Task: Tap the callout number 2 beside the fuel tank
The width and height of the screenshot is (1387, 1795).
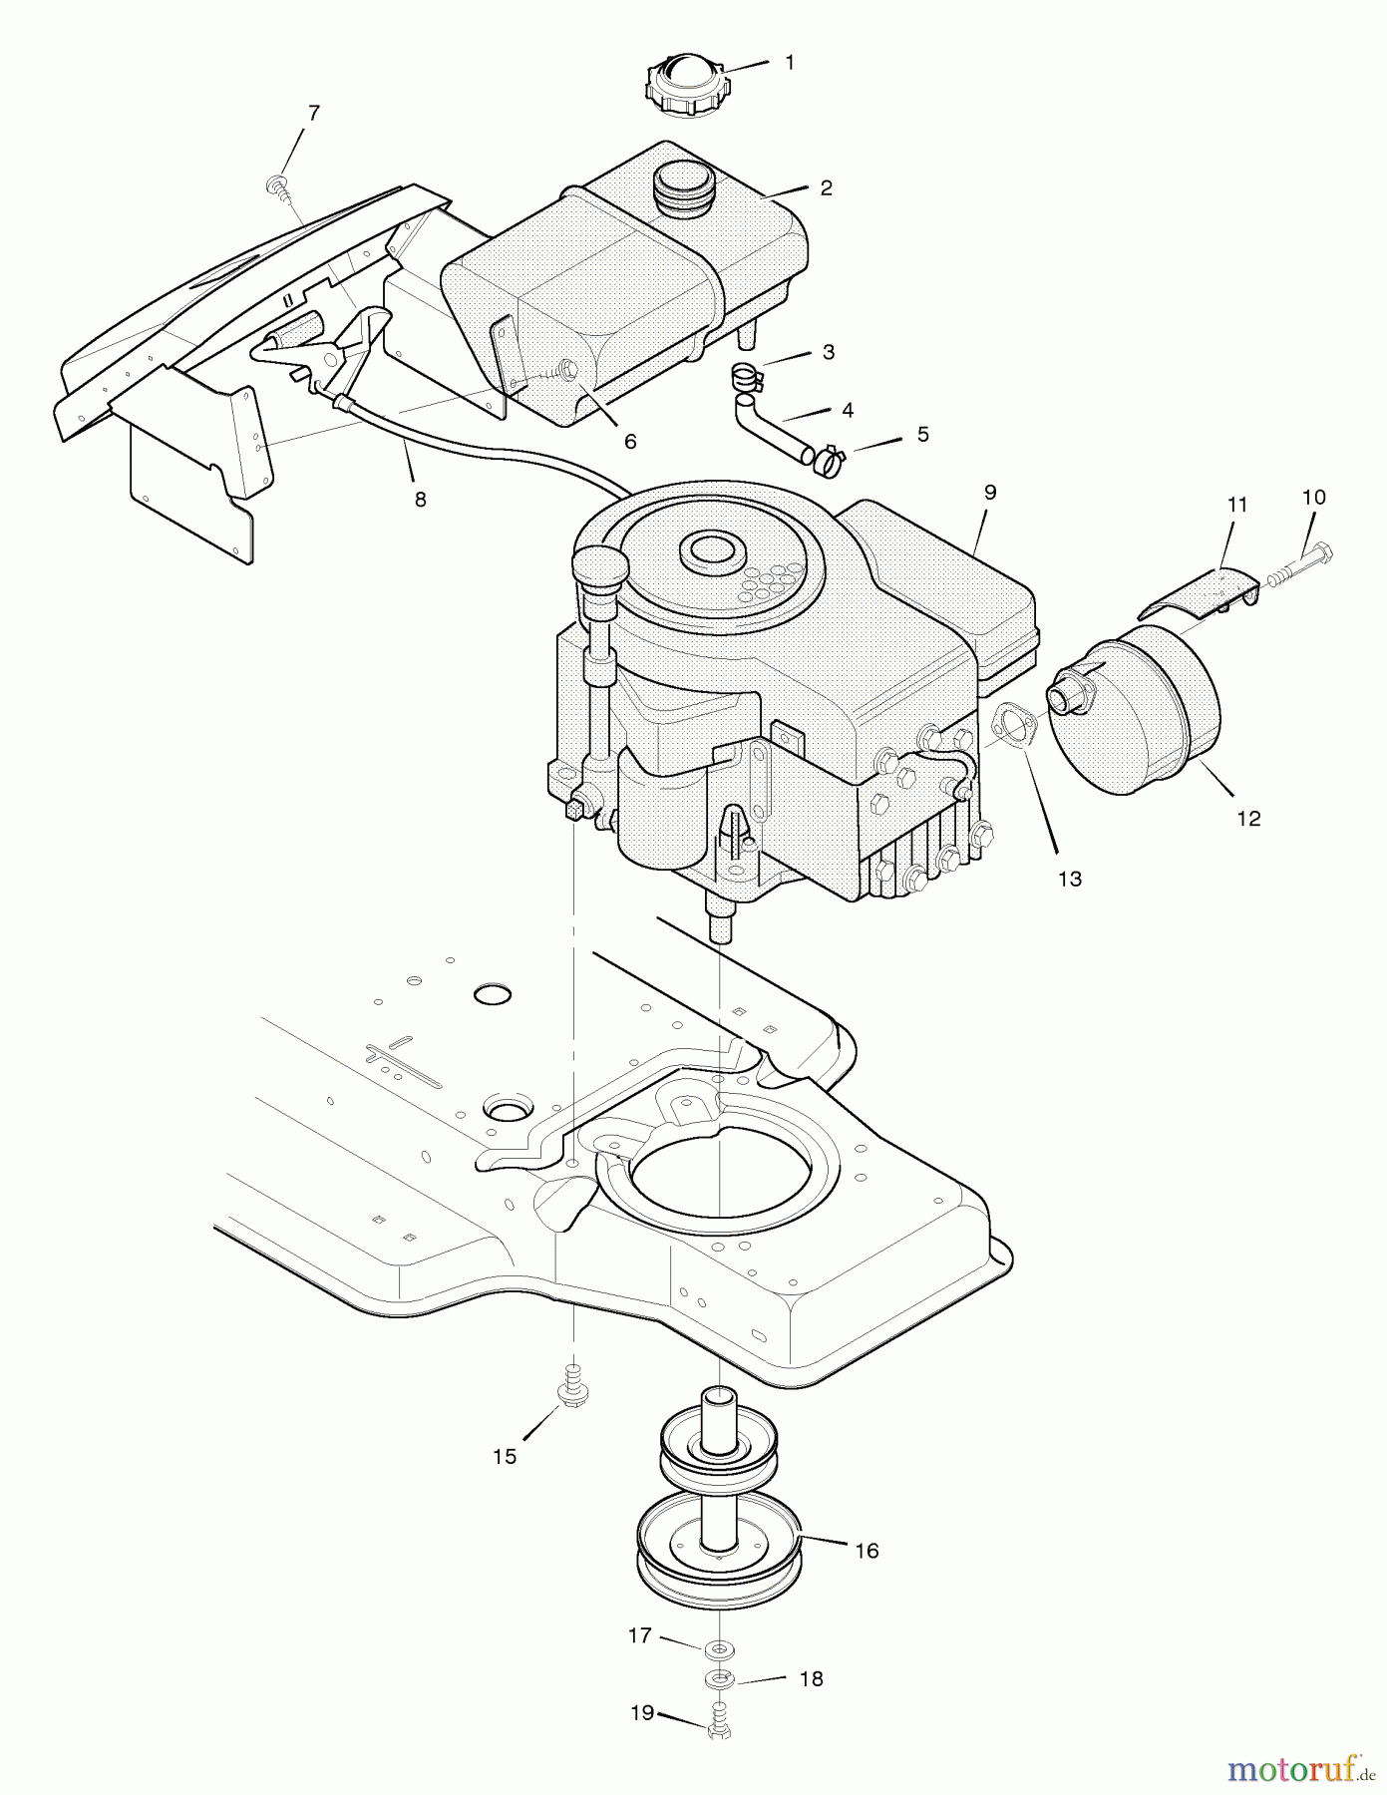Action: coord(826,187)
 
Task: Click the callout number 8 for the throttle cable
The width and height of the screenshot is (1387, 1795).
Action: coord(420,500)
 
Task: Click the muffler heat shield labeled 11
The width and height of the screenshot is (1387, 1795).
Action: coord(1201,594)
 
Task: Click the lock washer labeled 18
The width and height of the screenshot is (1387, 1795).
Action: coord(718,1679)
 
